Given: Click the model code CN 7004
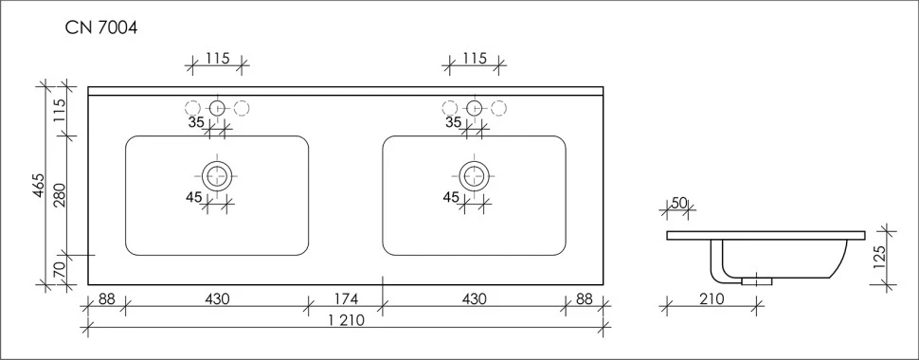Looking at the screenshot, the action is [x=101, y=28].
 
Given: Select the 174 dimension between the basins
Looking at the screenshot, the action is [x=346, y=299].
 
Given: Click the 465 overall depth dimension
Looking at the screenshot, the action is [x=39, y=186].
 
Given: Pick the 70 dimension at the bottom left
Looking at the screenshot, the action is [x=60, y=271].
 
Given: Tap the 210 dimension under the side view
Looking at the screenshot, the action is [x=712, y=299].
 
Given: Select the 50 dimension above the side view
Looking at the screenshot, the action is [x=678, y=203].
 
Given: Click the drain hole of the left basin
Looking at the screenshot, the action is [x=218, y=175].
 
